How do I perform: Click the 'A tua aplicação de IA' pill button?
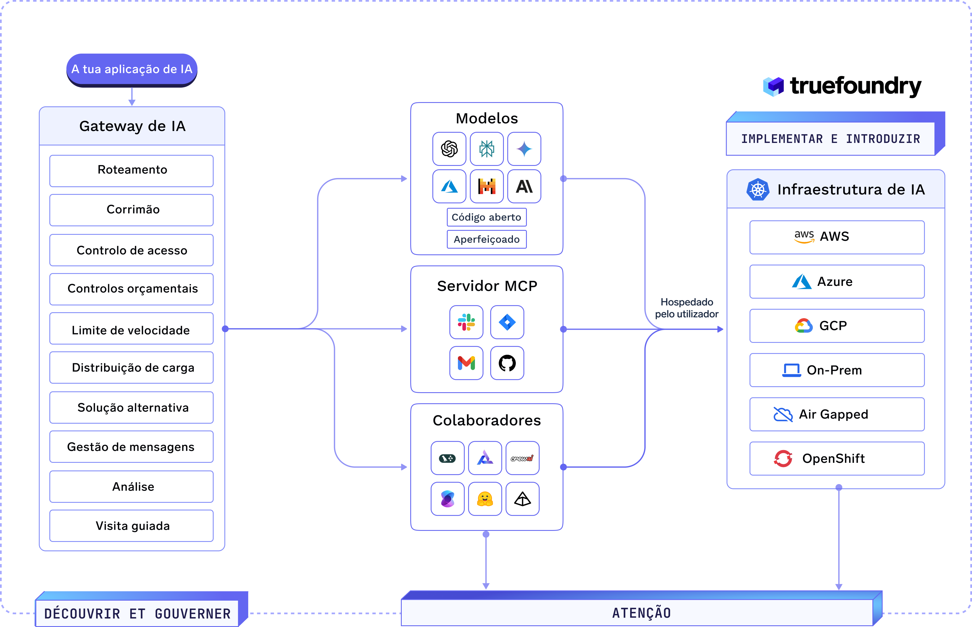pyautogui.click(x=132, y=70)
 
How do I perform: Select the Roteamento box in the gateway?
pyautogui.click(x=132, y=171)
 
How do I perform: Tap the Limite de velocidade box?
pyautogui.click(x=132, y=329)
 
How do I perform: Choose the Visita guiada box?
pyautogui.click(x=132, y=526)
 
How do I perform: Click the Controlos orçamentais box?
pyautogui.click(x=132, y=289)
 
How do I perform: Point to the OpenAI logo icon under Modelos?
pyautogui.click(x=449, y=149)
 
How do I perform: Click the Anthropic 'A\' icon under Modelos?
pyautogui.click(x=524, y=186)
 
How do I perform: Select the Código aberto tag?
pyautogui.click(x=487, y=217)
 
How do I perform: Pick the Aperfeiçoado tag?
pyautogui.click(x=487, y=239)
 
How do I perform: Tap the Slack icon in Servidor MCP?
pyautogui.click(x=466, y=322)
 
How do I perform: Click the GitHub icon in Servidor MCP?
pyautogui.click(x=507, y=363)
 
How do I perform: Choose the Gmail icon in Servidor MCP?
pyautogui.click(x=466, y=363)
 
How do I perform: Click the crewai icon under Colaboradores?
pyautogui.click(x=522, y=458)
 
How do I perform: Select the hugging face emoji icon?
pyautogui.click(x=485, y=499)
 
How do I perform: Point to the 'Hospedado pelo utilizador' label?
pyautogui.click(x=687, y=308)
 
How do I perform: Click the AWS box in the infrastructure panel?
pyautogui.click(x=837, y=237)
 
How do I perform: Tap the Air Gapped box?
pyautogui.click(x=837, y=414)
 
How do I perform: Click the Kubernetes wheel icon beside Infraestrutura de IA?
pyautogui.click(x=758, y=189)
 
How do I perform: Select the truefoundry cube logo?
pyautogui.click(x=773, y=86)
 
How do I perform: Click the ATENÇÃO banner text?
pyautogui.click(x=641, y=613)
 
